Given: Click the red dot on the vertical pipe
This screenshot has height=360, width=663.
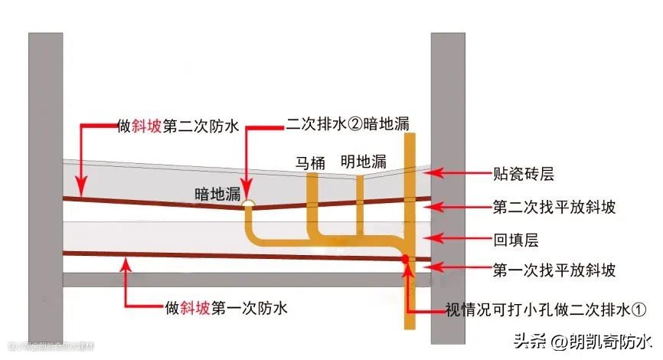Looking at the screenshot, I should tap(405, 260).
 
